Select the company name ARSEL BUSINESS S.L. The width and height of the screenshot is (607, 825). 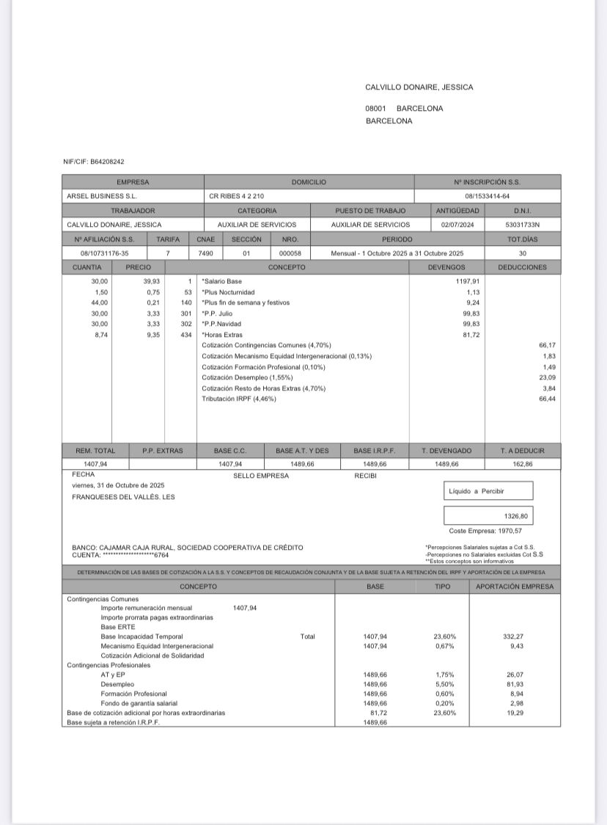102,196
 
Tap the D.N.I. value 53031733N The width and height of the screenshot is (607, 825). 522,225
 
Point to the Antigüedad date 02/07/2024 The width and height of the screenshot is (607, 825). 457,225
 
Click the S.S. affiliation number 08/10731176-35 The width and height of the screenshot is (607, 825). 104,253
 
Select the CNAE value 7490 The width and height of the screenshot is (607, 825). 205,253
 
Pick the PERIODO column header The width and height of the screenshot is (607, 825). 397,239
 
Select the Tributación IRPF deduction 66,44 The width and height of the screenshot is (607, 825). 546,399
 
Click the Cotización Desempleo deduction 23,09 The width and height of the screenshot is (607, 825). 547,377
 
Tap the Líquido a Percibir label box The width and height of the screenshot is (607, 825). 488,491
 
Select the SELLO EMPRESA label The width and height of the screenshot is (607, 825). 261,476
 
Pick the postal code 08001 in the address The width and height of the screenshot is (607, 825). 376,109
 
